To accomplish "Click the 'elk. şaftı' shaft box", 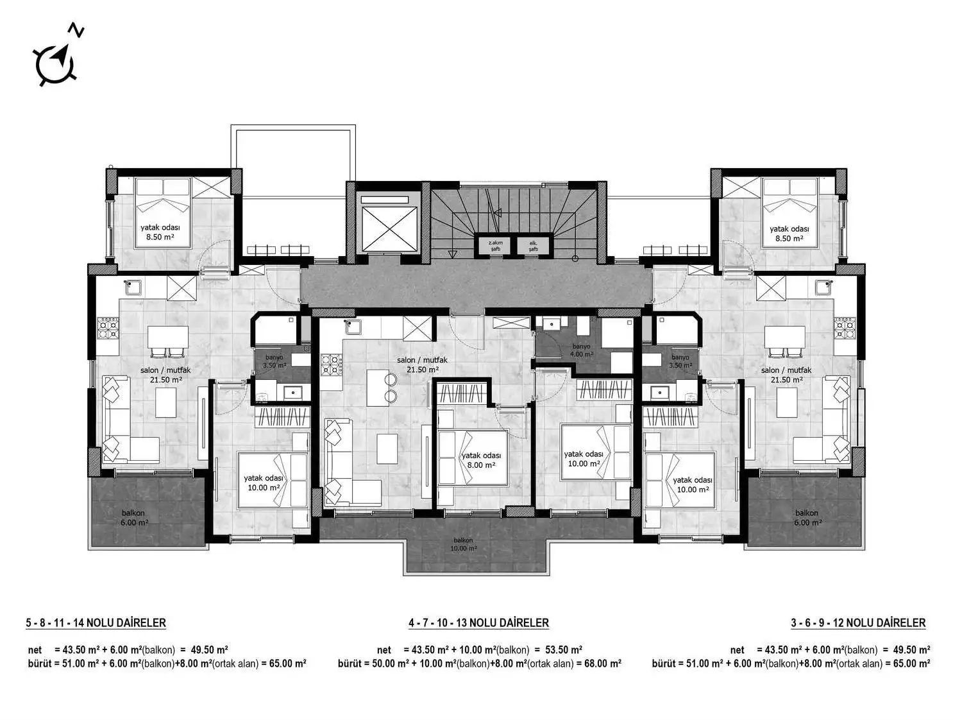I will point(534,246).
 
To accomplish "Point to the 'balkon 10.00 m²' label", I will point(463,544).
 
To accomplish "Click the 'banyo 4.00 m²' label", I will point(582,350).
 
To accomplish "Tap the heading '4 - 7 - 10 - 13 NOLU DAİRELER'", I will point(478,622).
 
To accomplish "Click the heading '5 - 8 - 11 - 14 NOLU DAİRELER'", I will point(96,622).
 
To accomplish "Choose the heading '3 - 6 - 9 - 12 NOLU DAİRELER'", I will point(858,622).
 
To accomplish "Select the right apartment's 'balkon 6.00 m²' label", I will point(806,517).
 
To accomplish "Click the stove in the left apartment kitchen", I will point(108,328).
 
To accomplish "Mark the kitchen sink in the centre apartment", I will point(353,327).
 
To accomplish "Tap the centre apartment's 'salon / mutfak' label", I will point(422,364).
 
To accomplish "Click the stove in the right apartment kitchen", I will point(845,328).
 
